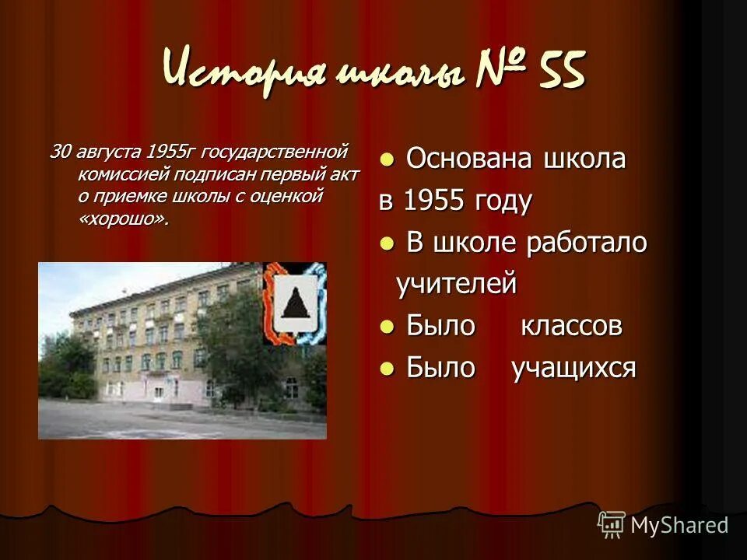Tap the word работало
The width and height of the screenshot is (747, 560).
[587, 243]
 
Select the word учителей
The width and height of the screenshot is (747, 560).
[456, 284]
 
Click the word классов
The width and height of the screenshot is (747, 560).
[571, 326]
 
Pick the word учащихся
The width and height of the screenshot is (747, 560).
[573, 368]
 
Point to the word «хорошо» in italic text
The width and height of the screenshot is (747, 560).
[123, 219]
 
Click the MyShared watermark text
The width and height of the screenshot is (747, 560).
[679, 525]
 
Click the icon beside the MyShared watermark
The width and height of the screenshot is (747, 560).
[612, 524]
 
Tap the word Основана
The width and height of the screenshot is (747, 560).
[458, 159]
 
